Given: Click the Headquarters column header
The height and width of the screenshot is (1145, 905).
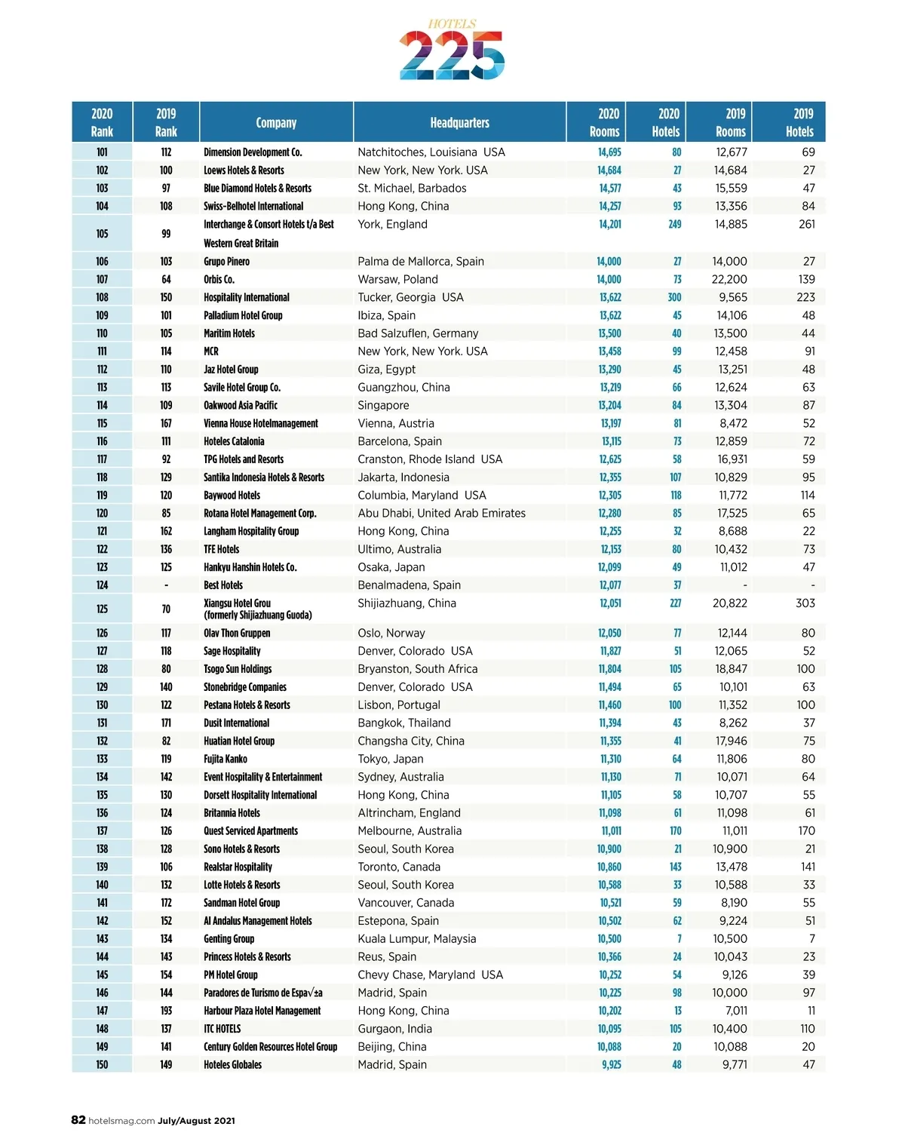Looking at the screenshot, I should point(459,123).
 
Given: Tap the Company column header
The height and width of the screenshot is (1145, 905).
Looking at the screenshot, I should point(276,123).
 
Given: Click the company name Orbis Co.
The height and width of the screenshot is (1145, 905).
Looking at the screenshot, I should point(219,280).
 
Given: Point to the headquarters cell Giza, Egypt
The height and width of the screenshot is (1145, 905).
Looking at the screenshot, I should point(386,370).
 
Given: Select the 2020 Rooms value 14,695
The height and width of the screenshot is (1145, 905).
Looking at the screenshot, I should point(609,152).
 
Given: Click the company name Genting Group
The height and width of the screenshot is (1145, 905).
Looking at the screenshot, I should point(229,939).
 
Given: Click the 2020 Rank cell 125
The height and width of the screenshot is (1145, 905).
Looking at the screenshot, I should point(102,609).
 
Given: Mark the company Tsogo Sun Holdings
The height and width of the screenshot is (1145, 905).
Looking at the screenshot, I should point(238,669).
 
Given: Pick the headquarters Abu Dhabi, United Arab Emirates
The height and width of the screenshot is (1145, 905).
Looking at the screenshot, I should point(441,514).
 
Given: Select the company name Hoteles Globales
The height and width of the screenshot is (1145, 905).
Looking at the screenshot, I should point(232,1065).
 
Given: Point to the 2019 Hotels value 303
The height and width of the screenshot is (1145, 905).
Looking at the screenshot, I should point(805,603).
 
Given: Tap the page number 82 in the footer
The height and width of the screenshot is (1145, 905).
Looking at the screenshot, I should point(78,1120).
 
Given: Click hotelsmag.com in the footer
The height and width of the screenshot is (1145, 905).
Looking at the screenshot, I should point(121,1121).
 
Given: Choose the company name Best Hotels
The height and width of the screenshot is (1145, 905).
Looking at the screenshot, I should point(223,585).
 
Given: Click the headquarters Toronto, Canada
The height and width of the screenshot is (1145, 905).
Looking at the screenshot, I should point(399,867).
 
